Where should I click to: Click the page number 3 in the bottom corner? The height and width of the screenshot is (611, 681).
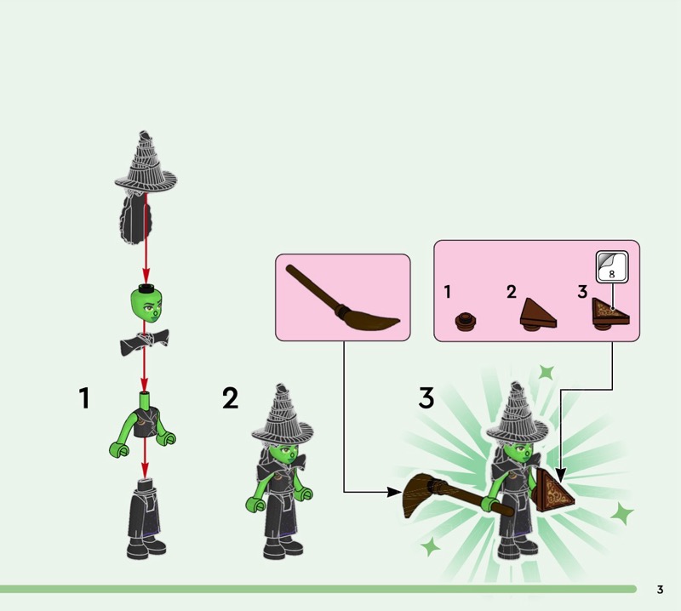660,589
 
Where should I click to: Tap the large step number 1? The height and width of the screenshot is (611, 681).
84,398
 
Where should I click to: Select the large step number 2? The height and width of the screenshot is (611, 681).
230,398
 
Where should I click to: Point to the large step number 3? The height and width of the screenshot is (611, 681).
426,398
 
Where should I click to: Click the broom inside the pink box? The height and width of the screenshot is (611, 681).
342,300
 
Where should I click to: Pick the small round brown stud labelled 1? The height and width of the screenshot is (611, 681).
466,322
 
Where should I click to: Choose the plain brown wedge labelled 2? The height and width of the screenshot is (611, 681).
538,314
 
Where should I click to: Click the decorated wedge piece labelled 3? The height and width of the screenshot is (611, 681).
610,314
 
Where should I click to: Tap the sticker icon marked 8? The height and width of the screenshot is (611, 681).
612,266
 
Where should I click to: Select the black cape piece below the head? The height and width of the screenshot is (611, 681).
144,343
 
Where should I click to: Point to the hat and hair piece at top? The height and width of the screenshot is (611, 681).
145,186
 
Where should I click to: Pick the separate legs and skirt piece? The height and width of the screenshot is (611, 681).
146,519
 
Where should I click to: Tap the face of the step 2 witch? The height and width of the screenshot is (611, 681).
284,454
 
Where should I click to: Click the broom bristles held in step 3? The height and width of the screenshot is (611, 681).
419,495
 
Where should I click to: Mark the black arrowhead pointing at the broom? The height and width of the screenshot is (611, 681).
394,492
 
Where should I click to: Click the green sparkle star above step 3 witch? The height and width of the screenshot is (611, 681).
547,372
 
